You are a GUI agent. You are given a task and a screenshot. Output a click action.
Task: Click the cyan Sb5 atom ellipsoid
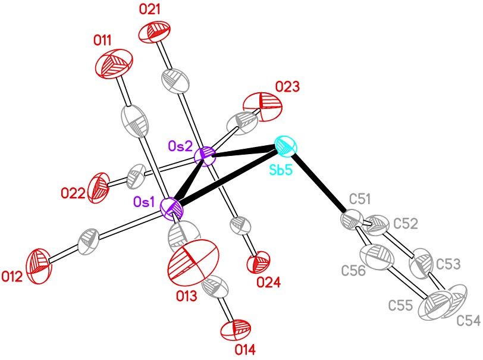point(286,145)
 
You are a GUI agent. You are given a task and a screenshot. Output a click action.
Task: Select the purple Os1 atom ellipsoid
point(172,209)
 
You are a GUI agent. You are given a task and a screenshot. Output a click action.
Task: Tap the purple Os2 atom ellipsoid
point(205,156)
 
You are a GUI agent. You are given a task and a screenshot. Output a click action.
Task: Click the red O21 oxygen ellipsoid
point(154,32)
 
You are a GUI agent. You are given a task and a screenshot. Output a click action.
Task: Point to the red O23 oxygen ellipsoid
point(262,107)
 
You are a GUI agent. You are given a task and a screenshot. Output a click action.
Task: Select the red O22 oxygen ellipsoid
point(99,187)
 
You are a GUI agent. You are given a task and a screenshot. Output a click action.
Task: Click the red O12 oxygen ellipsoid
point(39,265)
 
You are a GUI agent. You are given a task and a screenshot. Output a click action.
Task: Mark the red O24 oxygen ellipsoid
point(258,262)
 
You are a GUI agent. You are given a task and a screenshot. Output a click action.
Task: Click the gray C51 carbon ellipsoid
point(352,220)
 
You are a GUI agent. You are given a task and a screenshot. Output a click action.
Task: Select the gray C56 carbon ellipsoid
point(377,258)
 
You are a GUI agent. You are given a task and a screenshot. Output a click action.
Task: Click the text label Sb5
point(281,169)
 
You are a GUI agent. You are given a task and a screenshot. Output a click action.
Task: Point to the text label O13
point(186,296)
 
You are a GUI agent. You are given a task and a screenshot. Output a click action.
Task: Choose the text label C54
point(468,321)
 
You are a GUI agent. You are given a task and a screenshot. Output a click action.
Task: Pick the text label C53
point(448,264)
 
